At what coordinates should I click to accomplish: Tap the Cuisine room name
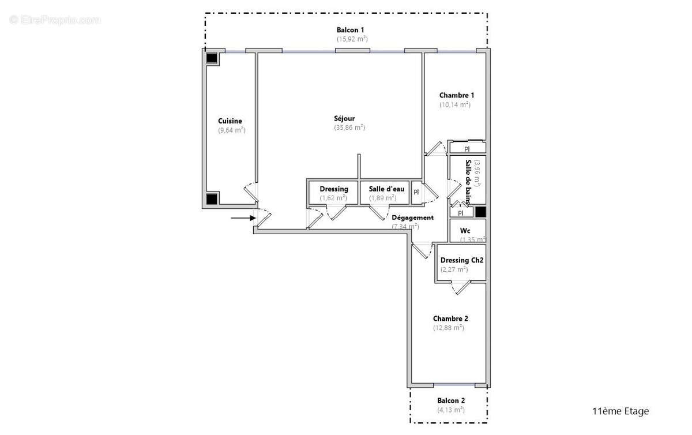pos(230,121)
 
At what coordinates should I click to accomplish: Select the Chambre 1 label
pos(457,95)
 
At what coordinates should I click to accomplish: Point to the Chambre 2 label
pos(450,318)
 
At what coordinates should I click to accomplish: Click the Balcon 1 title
pos(351,30)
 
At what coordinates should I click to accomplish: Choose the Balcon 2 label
pos(451,400)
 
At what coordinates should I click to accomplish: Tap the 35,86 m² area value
pos(349,127)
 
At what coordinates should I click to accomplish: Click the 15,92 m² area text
pos(352,39)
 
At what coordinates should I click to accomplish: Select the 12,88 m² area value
pos(449,328)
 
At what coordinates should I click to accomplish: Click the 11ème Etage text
pos(620,411)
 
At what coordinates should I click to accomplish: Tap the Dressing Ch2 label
pos(461,260)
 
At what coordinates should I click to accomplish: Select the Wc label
pos(465,231)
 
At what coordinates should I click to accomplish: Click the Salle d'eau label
pos(386,189)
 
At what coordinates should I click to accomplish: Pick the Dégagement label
pos(412,217)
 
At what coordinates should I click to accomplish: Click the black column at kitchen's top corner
pos(212,58)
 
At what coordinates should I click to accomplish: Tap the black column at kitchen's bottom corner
pos(212,198)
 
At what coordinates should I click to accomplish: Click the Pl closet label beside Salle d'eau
pos(416,192)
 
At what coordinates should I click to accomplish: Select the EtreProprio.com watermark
pos(55,20)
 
